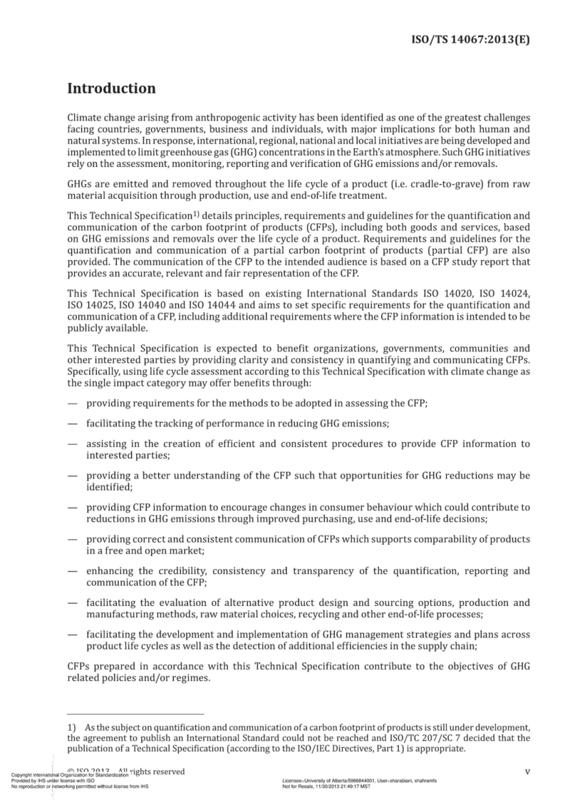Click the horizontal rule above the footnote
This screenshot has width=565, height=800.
(x=135, y=714)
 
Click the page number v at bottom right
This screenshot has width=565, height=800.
(x=527, y=772)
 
